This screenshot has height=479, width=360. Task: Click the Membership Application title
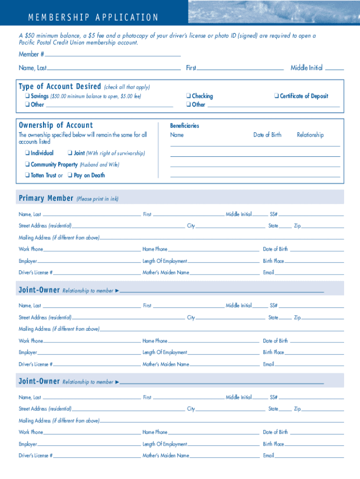point(93,18)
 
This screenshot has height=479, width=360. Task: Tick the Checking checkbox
point(188,96)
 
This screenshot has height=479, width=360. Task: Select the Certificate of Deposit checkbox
point(276,96)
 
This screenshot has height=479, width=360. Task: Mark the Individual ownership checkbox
point(28,153)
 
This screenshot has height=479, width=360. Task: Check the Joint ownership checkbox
point(70,153)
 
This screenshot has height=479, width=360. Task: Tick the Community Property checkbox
point(28,164)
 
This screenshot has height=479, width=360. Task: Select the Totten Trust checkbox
point(28,175)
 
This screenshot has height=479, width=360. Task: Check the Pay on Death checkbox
point(70,175)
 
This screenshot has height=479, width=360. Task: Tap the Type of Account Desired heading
point(60,87)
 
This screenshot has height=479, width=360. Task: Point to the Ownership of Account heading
point(56,125)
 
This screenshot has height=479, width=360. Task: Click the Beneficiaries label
point(184,126)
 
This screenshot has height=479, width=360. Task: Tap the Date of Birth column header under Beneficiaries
point(267,135)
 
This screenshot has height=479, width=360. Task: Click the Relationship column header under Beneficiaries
point(310,135)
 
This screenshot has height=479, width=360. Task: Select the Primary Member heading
point(46,198)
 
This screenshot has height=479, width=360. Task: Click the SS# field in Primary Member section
point(311,214)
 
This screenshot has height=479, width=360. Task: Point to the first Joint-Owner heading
point(39,290)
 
